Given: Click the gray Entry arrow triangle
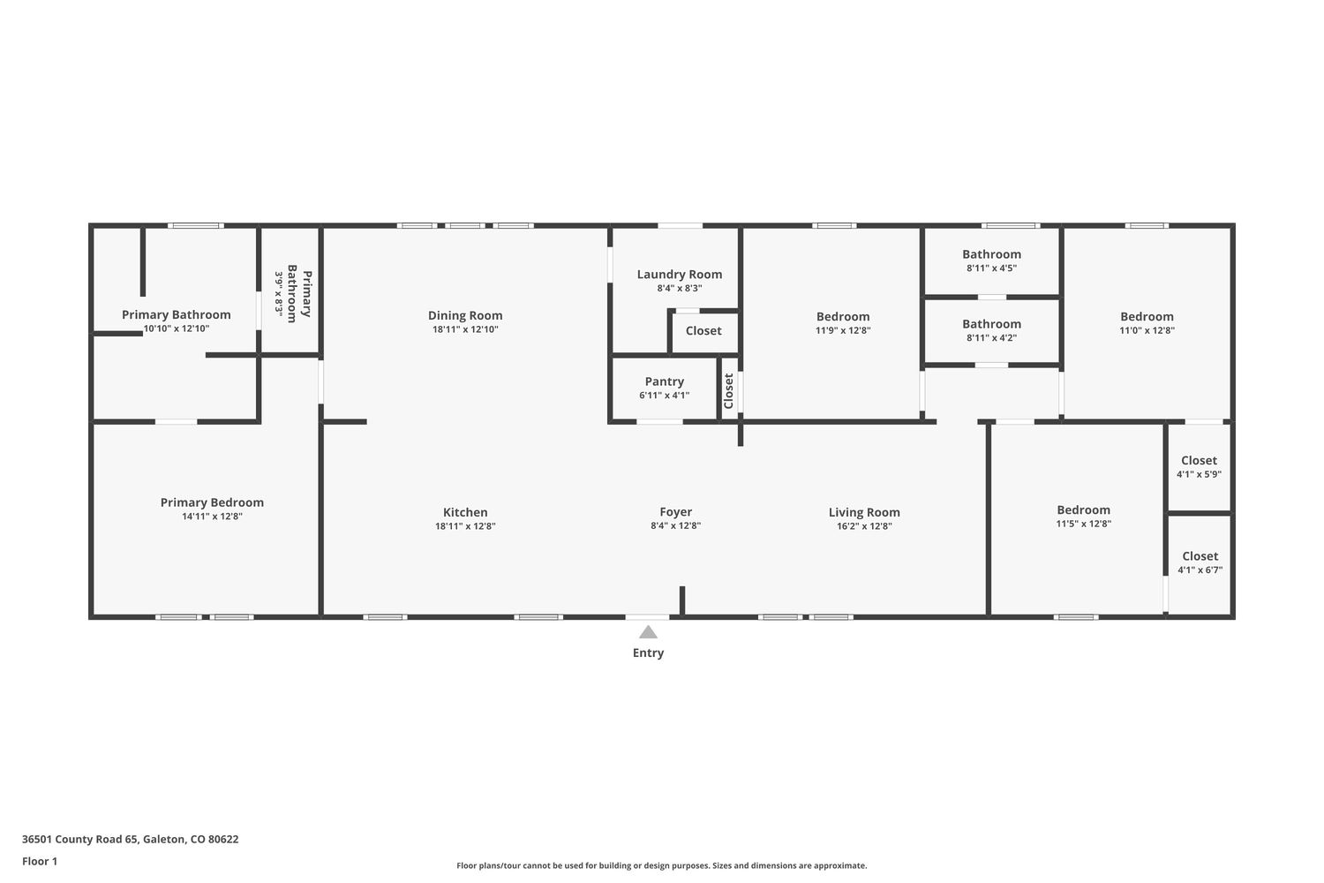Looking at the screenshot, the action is pos(648,632).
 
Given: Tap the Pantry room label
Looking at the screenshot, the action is pos(665,381).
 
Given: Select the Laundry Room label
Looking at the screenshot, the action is pos(679,275).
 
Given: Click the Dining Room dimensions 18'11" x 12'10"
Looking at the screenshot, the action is pos(465,329).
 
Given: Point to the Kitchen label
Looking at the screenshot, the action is pos(465,512).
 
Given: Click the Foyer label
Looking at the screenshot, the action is pos(675,512).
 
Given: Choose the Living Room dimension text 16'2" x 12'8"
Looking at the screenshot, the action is pos(864,525).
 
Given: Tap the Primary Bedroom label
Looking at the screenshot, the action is pos(212,502).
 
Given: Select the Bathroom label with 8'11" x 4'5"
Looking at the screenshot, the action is pos(991,254).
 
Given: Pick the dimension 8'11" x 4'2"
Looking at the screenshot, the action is pos(991,337).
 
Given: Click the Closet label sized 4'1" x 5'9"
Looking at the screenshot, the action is pos(1199,460).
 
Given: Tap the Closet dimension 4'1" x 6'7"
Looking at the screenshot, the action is pos(1200,570).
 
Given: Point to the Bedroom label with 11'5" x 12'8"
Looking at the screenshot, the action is pos(1083,509).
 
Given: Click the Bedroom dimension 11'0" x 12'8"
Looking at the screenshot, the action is pos(1147,330).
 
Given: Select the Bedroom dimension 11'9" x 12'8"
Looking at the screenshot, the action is pos(843,330).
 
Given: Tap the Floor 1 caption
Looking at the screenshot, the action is pos(40,861).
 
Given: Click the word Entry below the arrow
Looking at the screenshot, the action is pos(648,653).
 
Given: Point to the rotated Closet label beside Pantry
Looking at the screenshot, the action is pos(728,390).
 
